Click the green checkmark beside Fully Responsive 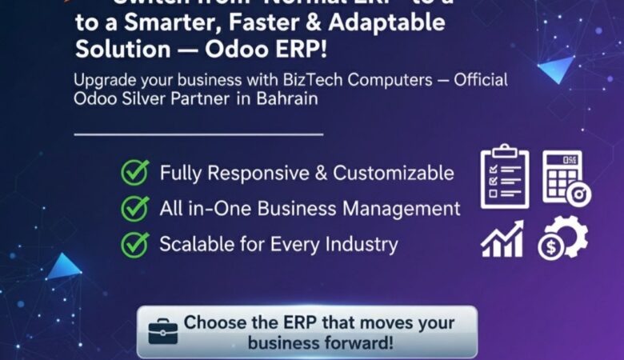pos(134,172)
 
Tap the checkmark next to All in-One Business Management pos(134,208)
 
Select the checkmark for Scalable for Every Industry pos(134,243)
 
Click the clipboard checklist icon pos(504,176)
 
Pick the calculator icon pos(566,177)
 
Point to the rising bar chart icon pos(502,239)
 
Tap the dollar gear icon pos(562,239)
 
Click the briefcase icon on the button pos(162,330)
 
